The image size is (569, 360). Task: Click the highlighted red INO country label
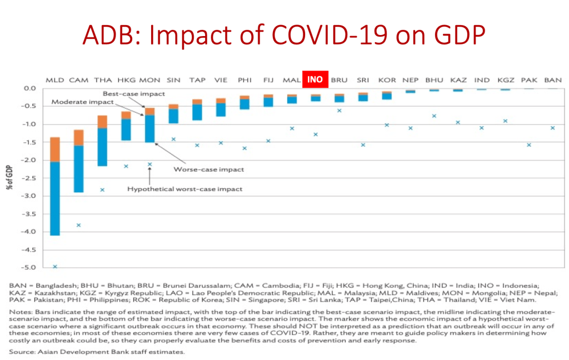[315, 79]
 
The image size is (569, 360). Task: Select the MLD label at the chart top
[54, 80]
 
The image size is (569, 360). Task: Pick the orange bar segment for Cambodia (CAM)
[79, 138]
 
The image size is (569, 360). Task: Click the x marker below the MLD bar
[55, 267]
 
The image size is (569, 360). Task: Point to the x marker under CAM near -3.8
[79, 225]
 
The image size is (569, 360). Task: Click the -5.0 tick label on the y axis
[28, 267]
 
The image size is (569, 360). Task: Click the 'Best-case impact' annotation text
[126, 94]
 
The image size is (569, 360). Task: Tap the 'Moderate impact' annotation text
[82, 102]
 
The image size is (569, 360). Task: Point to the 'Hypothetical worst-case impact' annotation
[184, 189]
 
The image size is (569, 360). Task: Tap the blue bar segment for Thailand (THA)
[102, 147]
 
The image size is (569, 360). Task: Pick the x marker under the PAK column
[529, 145]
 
